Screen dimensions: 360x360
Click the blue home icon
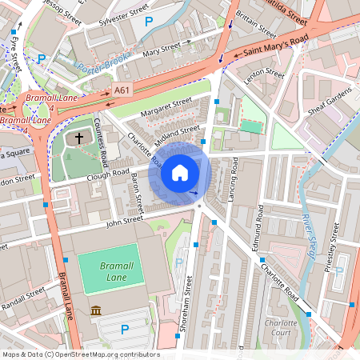[180, 172]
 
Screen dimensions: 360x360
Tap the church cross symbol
[79, 139]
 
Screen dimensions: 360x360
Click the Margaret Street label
[166, 107]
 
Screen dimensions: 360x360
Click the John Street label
[124, 217]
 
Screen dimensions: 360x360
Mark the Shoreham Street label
[188, 304]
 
